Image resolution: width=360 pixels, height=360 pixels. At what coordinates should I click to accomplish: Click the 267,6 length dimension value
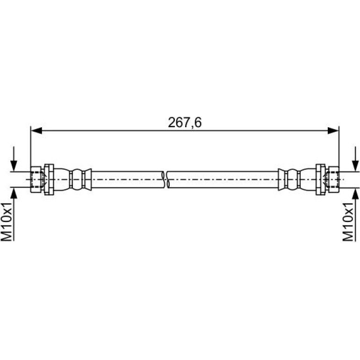coord(185,122)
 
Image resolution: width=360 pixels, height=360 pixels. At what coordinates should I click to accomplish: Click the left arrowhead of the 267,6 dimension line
coord(36,130)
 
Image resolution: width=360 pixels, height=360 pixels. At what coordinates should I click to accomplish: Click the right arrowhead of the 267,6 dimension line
coord(333,130)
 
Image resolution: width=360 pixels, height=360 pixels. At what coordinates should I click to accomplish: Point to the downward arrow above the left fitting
coord(14,159)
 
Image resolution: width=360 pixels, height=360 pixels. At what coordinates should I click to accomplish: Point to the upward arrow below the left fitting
coord(14,214)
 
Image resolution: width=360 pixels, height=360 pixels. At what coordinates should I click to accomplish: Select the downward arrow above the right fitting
coord(355,159)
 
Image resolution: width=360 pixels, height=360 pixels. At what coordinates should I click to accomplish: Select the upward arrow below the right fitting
coord(355,214)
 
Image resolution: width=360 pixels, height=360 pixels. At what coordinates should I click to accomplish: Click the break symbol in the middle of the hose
coord(166,180)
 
